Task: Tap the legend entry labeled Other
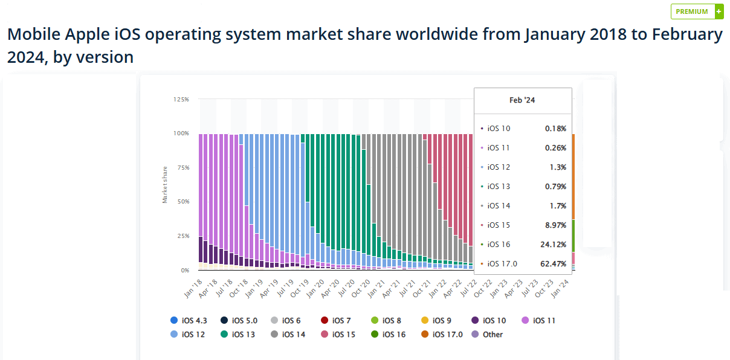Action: (x=487, y=334)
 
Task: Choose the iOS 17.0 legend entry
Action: (x=442, y=334)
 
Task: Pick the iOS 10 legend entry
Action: (x=489, y=321)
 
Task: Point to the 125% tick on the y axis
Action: (x=181, y=99)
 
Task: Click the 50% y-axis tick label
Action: (x=183, y=202)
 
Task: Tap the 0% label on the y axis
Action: (x=184, y=270)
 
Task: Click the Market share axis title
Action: (x=165, y=184)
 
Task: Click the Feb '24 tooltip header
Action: (x=522, y=100)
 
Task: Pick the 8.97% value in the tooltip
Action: (x=555, y=225)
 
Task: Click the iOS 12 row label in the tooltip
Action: (x=499, y=167)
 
